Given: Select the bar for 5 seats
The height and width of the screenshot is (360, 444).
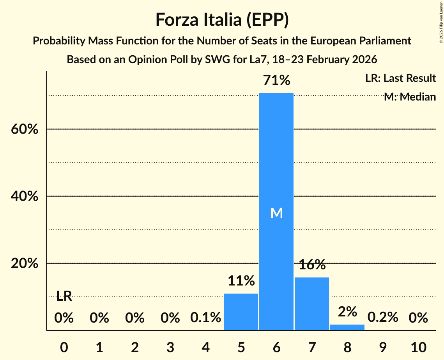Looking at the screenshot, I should (x=241, y=312).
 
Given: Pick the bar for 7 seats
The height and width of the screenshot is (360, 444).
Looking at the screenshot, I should (x=312, y=304).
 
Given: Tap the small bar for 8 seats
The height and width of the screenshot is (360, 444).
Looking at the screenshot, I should (x=347, y=327).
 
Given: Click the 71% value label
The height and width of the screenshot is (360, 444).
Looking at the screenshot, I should (x=276, y=80).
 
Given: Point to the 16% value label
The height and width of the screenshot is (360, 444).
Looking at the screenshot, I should (x=312, y=265).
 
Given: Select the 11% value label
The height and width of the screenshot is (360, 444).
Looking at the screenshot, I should (x=241, y=281).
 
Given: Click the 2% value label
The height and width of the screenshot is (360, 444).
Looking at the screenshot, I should (x=347, y=312).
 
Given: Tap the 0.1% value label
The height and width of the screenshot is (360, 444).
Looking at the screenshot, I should (x=205, y=318).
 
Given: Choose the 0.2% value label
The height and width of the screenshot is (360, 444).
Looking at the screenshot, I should (x=383, y=318).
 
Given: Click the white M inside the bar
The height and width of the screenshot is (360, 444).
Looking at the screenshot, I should (x=276, y=213).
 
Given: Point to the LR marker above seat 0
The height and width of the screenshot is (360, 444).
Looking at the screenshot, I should (x=64, y=296).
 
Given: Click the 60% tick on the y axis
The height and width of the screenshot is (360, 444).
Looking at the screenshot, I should (x=25, y=129).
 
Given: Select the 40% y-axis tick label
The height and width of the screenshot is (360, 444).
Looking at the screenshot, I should (x=25, y=196).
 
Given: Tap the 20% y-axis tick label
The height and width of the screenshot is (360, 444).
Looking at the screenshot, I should (x=25, y=264).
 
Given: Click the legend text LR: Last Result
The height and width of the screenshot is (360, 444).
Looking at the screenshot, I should (x=400, y=78).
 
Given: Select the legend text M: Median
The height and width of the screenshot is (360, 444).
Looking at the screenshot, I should (x=410, y=97).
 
